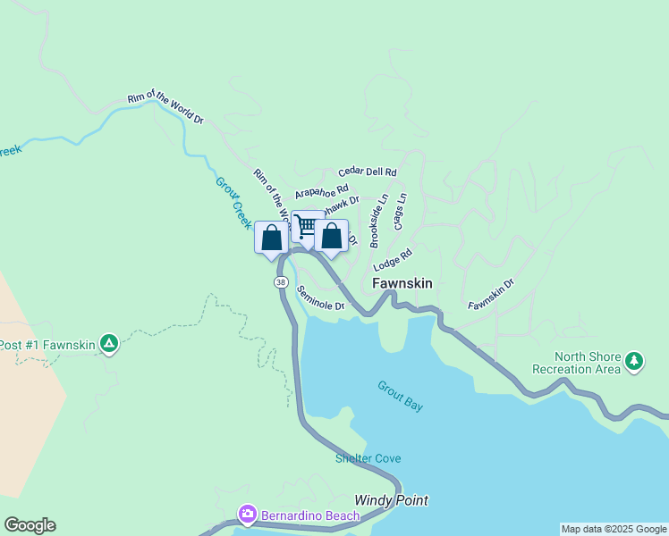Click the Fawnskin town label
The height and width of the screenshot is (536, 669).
[x=402, y=283]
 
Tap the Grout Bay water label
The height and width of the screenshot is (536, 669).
[x=400, y=397]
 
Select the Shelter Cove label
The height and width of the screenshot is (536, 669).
[x=368, y=458]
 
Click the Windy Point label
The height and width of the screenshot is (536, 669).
[x=391, y=500]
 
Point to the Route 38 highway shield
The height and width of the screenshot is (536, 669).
[x=281, y=282]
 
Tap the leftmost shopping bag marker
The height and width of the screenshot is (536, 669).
[x=272, y=238]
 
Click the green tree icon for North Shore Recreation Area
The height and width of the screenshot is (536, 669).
[x=634, y=360]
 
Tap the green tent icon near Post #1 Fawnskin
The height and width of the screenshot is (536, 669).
[x=108, y=344]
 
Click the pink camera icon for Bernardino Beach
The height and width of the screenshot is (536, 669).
[x=247, y=515]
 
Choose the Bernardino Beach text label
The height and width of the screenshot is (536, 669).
[x=309, y=515]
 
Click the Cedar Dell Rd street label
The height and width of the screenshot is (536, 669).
[x=367, y=171]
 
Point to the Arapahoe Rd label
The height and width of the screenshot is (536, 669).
[x=320, y=191]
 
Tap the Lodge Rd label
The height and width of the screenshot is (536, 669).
[x=393, y=260]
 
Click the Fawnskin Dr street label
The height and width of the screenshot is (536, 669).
[x=491, y=294]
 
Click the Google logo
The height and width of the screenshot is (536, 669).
[x=30, y=525]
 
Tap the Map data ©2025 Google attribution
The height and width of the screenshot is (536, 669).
[x=614, y=529]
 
